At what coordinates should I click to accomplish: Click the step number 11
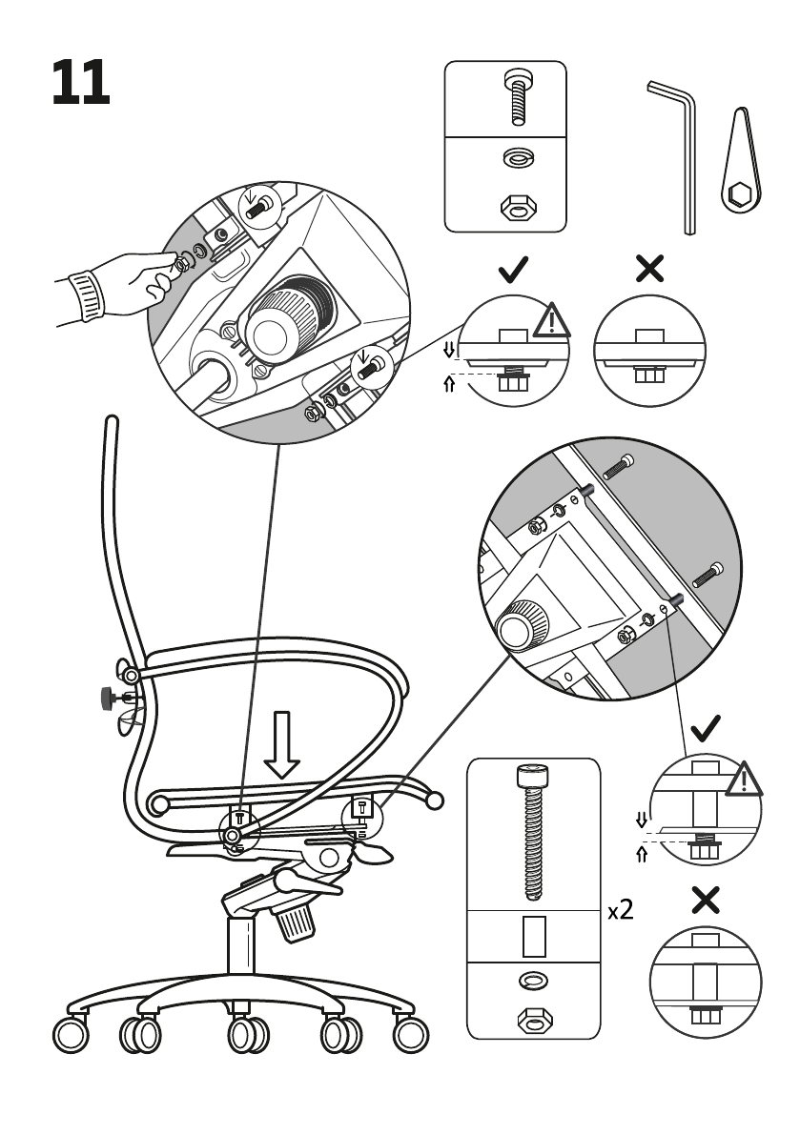pos(80,83)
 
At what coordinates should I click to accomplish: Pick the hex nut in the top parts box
pos(519,208)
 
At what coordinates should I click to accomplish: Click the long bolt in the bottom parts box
pos(533,831)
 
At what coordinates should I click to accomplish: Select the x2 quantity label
pos(621,910)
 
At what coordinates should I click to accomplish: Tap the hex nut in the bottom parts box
pos(534,1020)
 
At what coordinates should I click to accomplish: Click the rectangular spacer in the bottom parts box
pos(534,936)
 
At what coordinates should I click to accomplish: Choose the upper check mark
pos(514,270)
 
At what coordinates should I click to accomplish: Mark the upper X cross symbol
pos(649,269)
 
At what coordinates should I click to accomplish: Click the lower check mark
pos(706,727)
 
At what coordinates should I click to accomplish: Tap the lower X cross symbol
pos(706,900)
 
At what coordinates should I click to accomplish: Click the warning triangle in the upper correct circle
pos(552,320)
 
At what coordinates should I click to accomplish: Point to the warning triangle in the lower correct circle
pos(744,779)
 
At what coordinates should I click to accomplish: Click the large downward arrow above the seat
pos(281,745)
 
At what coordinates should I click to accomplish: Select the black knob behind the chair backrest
pos(110,699)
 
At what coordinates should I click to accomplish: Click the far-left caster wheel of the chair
pos(71,1034)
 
